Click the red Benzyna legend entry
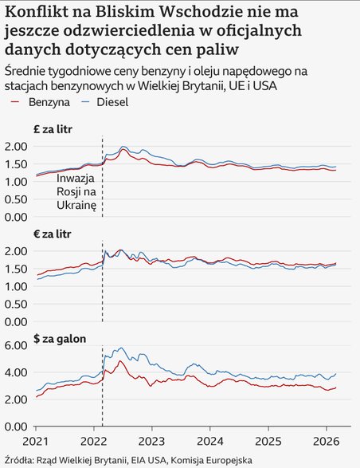[x=41, y=103]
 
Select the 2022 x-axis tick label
[x=93, y=441]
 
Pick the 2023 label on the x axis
[x=151, y=441]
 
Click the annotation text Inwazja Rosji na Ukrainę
[x=76, y=192]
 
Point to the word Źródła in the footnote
[x=20, y=459]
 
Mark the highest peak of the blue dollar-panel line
[x=120, y=348]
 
